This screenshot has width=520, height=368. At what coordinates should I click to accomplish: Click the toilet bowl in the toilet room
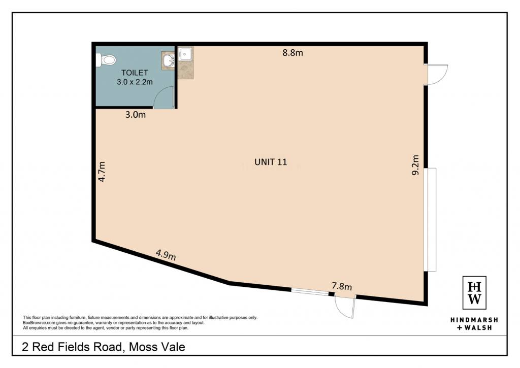pos(106,60)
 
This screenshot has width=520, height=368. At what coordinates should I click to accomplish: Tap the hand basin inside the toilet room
pos(169,60)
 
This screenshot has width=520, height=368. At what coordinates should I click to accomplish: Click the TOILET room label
pos(134,73)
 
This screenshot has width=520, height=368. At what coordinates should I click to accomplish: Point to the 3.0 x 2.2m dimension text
pos(135,82)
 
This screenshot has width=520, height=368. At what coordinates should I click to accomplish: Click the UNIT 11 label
pos(271,162)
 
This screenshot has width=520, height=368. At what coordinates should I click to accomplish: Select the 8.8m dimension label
pos(292,53)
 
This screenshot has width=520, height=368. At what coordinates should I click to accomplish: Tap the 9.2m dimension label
pos(415,165)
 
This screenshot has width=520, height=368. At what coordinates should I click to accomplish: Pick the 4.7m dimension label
pos(102,172)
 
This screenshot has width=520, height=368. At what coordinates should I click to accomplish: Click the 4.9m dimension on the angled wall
pos(166,255)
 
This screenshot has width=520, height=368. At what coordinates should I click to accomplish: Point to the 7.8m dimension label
pos(342,286)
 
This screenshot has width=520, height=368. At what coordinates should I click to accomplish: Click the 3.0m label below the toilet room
pos(135,115)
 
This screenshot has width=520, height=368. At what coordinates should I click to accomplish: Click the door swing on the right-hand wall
pos(437,75)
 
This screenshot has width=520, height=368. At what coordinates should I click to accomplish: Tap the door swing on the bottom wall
pos(345,307)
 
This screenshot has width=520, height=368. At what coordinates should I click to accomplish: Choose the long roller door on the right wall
pos(432,219)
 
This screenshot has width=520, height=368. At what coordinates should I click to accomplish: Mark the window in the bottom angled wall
pos(310,292)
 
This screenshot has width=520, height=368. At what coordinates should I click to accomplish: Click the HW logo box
pos(474,293)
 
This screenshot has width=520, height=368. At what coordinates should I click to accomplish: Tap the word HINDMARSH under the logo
pos(474,320)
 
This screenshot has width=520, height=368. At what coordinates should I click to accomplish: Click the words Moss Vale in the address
pos(157,347)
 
